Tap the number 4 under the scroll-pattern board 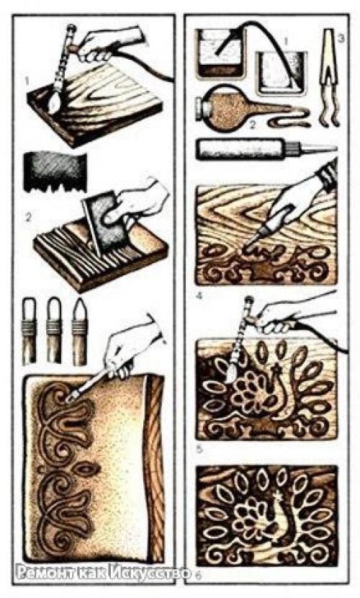[199, 295]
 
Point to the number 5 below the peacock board [199, 450]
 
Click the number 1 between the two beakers [287, 40]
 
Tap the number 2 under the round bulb [252, 125]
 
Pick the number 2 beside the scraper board [27, 218]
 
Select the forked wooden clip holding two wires [329, 76]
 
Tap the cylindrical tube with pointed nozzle [266, 149]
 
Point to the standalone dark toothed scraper [55, 171]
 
